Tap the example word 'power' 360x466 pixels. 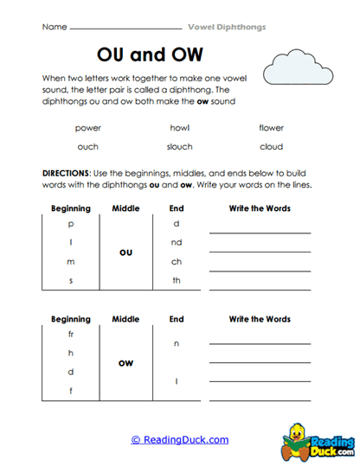87,128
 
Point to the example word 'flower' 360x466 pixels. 271,128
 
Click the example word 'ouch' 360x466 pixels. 87,147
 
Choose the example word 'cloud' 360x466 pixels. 271,147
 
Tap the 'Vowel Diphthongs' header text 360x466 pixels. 227,27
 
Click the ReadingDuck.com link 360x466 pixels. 179,440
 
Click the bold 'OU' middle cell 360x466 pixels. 125,252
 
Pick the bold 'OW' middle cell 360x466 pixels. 125,363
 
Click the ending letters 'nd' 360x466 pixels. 177,242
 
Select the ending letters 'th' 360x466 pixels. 177,280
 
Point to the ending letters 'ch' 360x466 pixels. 177,261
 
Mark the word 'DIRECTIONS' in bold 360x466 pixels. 66,173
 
